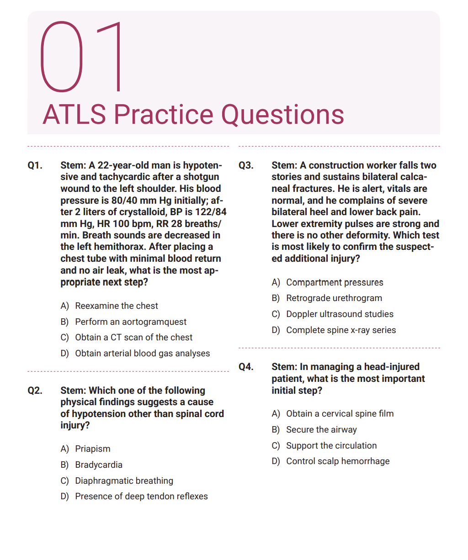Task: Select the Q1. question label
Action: pos(35,165)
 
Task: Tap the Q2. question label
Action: pos(35,391)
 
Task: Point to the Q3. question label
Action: pos(246,165)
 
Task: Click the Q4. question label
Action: pos(246,367)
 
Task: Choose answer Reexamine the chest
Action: pos(117,306)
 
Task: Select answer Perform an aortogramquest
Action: pos(131,322)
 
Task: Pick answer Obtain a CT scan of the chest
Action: pos(133,338)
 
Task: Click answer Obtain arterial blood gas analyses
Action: pos(142,354)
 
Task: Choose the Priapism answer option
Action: pos(92,449)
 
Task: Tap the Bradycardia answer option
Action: pos(99,465)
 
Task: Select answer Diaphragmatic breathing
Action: pos(124,481)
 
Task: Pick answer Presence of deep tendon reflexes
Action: pos(141,497)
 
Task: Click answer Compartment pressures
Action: pos(335,283)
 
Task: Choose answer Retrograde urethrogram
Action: pos(334,298)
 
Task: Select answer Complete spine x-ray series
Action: pos(341,330)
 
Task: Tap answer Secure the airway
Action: pos(321,430)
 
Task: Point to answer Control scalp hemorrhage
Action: pos(338,461)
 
